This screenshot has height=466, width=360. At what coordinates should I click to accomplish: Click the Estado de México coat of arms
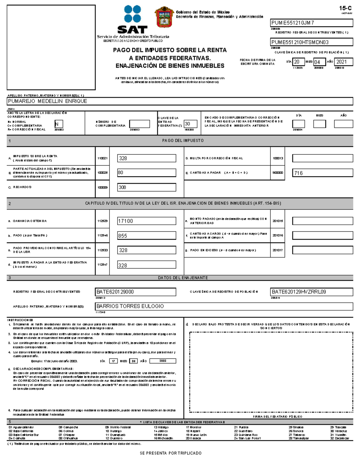[164, 17]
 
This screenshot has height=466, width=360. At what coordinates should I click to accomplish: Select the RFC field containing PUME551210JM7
[311, 23]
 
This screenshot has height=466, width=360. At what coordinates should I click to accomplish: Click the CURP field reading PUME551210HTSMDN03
[311, 42]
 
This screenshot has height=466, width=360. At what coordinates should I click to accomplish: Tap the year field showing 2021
[343, 62]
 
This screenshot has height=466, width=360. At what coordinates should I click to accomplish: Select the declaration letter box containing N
[59, 124]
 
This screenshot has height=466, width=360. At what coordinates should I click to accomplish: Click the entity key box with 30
[190, 124]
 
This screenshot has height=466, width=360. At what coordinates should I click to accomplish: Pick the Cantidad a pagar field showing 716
[322, 173]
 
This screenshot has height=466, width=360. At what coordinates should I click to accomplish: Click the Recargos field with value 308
[146, 187]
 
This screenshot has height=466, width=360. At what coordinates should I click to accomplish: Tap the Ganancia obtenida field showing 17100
[146, 221]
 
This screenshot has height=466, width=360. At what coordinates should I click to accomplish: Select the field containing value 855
[146, 236]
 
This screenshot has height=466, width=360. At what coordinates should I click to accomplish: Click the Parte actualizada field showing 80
[146, 173]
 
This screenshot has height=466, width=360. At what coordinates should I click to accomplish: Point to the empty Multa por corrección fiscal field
[322, 158]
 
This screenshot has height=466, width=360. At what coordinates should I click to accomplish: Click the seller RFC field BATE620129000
[136, 292]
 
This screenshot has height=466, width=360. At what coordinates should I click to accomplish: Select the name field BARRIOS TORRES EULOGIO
[224, 306]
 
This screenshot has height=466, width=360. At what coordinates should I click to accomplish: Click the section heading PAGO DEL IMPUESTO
[183, 140]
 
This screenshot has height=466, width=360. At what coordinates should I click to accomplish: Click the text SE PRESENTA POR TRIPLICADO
[170, 453]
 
